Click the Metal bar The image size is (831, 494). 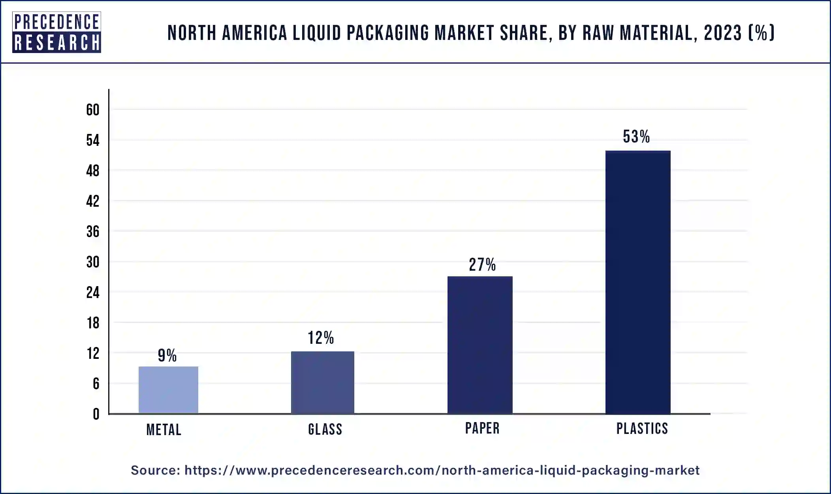(168, 390)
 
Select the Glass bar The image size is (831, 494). (322, 382)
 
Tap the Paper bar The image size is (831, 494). (480, 345)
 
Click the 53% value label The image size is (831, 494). (636, 137)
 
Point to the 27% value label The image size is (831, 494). (482, 265)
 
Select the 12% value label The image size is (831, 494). (321, 338)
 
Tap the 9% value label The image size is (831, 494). (167, 355)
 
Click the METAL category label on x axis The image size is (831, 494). (164, 430)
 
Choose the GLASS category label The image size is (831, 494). (325, 429)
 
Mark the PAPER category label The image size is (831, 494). (482, 428)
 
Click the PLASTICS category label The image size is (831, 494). (642, 428)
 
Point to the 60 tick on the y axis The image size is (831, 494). (93, 110)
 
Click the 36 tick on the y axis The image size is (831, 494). (93, 232)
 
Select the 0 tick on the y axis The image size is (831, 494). (96, 414)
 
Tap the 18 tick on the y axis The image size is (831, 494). (93, 323)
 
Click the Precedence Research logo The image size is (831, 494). (56, 32)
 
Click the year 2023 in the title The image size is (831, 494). (722, 33)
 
